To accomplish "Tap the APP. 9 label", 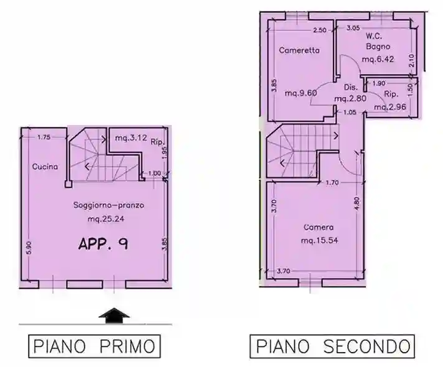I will tap(103, 243).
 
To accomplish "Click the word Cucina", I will tap(45, 166).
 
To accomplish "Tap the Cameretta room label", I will tap(299, 50).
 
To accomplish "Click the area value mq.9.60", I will tap(301, 93).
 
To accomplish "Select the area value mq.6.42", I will tap(377, 60).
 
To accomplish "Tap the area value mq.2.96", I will tap(389, 106).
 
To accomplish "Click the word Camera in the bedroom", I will tap(319, 227).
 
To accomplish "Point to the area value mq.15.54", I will tap(319, 240).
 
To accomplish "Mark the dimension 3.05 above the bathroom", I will tap(353, 28).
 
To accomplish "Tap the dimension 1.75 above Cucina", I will tap(43, 137).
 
